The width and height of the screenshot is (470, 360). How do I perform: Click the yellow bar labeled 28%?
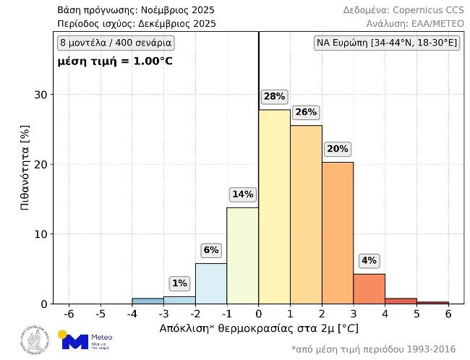click(x=274, y=207)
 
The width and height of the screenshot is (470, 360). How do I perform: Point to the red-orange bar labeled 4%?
click(x=369, y=288)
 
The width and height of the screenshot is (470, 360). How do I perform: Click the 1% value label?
click(x=179, y=283)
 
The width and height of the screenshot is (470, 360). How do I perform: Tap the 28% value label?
click(x=274, y=96)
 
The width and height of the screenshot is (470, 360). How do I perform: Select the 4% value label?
click(x=369, y=260)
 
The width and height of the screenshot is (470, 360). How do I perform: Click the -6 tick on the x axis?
click(x=69, y=314)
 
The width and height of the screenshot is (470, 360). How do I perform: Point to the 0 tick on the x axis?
click(x=258, y=314)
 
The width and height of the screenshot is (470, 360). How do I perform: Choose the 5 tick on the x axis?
click(x=416, y=314)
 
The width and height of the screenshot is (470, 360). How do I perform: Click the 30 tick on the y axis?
click(x=41, y=95)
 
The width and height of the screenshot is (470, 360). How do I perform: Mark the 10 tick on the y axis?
click(x=41, y=234)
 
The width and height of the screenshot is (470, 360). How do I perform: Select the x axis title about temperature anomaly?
click(x=258, y=329)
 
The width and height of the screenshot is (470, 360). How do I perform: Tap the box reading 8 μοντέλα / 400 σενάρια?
click(x=116, y=43)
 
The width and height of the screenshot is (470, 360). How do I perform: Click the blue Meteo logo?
click(x=85, y=340)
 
